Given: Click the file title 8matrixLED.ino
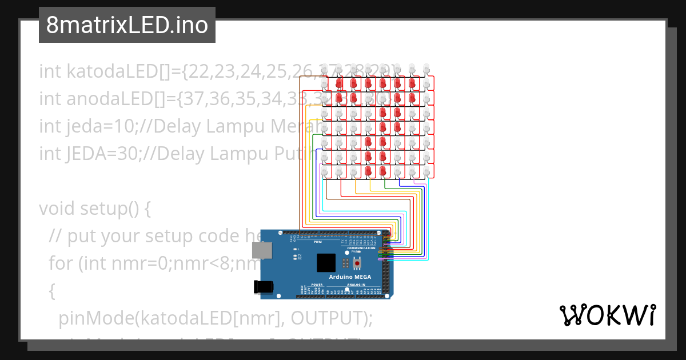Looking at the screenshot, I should [127, 26].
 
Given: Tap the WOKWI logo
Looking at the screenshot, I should [607, 315].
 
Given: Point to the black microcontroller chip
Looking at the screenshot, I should [326, 262].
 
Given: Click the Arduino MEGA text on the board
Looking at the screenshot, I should [350, 277].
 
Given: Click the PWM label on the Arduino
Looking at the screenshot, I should [318, 242].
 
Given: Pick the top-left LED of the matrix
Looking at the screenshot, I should [325, 69].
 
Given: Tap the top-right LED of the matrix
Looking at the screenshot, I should [426, 69].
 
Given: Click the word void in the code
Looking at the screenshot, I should [57, 209].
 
